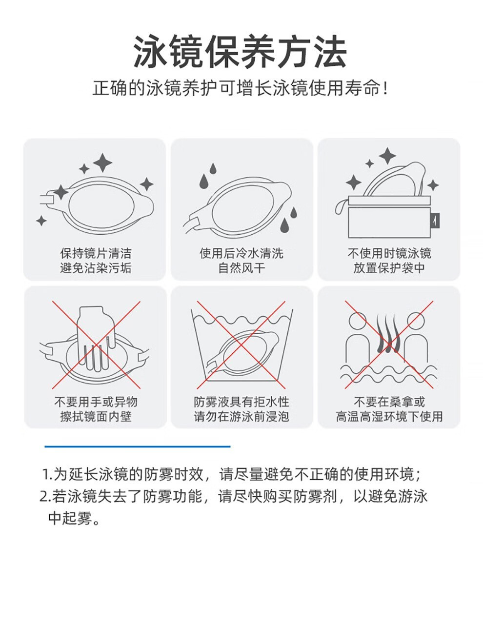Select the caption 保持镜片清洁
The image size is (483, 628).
pos(96,254)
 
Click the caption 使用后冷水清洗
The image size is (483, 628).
pos(241,254)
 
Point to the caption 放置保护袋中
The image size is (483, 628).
pos(389,268)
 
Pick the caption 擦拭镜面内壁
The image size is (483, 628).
pos(96,416)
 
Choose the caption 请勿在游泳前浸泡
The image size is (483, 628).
pos(241,416)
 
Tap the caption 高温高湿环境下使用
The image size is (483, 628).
pos(389,416)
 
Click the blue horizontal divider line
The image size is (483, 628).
pos(137,446)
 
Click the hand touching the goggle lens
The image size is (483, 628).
pos(96,337)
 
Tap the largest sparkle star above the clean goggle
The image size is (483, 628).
pos(102,163)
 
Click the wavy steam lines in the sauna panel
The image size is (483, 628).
pos(389,332)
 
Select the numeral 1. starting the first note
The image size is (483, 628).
pos(47,474)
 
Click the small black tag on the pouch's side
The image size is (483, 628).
pos(437,220)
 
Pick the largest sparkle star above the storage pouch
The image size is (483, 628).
pos(387,156)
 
